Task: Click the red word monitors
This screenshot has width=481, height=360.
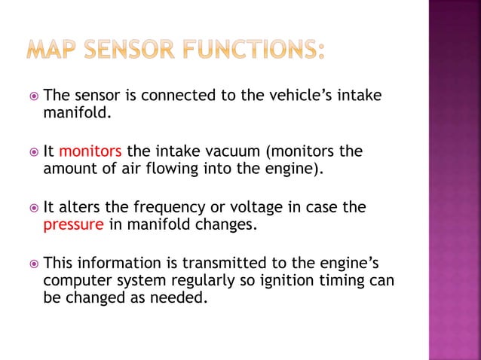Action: pos(90,151)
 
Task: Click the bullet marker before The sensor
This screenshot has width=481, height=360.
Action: pos(32,96)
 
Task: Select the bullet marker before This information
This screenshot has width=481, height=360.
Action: pos(32,264)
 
